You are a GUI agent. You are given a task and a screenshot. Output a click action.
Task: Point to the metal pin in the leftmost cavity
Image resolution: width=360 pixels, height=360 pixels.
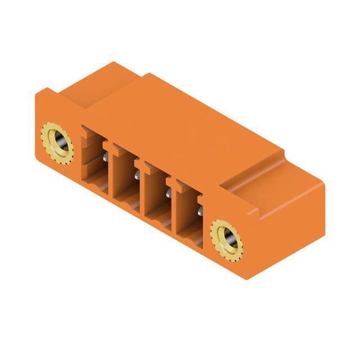coord(105,160)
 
